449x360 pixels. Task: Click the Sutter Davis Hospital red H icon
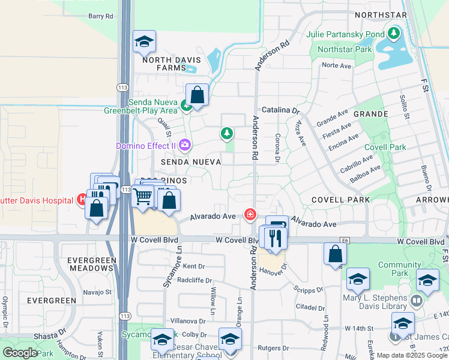(82, 200)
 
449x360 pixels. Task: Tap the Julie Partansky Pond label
(345, 34)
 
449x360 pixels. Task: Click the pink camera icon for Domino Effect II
(185, 145)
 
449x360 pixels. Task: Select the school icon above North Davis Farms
(144, 41)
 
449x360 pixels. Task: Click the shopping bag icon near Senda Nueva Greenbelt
(197, 94)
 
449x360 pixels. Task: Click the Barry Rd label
(100, 17)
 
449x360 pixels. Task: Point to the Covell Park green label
(385, 147)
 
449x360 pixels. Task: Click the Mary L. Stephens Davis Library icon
(417, 299)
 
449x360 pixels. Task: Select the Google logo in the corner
(20, 352)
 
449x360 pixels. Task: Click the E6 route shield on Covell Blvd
(345, 240)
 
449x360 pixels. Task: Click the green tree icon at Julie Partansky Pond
(394, 33)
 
